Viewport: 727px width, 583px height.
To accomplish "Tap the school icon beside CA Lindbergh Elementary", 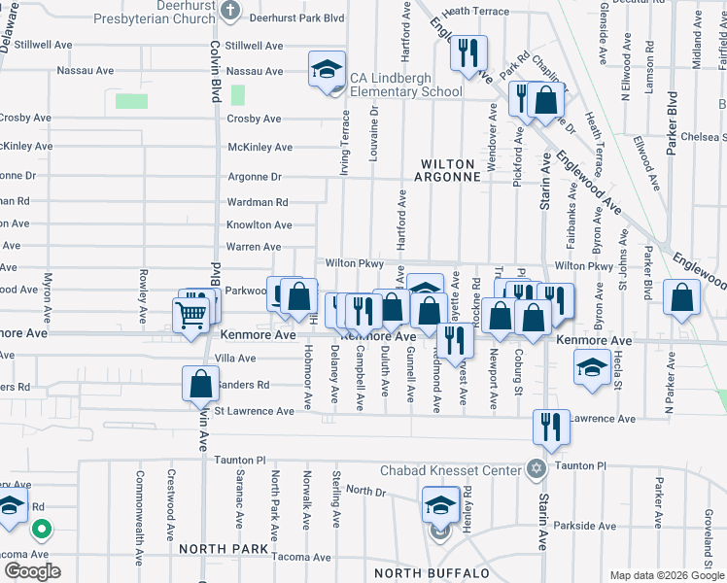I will pyautogui.click(x=327, y=70).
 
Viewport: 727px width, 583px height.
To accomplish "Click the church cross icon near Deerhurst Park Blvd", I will pyautogui.click(x=230, y=12).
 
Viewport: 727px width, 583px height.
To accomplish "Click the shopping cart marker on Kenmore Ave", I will pyautogui.click(x=190, y=314).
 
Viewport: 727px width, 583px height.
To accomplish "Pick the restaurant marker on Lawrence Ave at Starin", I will pyautogui.click(x=550, y=429).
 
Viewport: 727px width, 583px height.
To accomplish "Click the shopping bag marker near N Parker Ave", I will pyautogui.click(x=682, y=297).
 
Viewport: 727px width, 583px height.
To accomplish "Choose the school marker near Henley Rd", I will pyautogui.click(x=440, y=505).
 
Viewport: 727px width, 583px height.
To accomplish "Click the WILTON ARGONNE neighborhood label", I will pyautogui.click(x=451, y=170).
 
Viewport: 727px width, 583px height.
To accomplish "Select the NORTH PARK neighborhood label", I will pyautogui.click(x=224, y=549).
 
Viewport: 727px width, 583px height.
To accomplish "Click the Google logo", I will pyautogui.click(x=32, y=571).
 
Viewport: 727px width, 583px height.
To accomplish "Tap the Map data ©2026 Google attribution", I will pyautogui.click(x=666, y=575).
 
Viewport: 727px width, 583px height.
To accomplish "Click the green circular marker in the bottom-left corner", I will pyautogui.click(x=42, y=531).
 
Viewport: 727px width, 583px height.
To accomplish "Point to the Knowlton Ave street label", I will pyautogui.click(x=259, y=224).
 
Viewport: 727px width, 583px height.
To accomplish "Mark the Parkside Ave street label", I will pyautogui.click(x=587, y=527).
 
